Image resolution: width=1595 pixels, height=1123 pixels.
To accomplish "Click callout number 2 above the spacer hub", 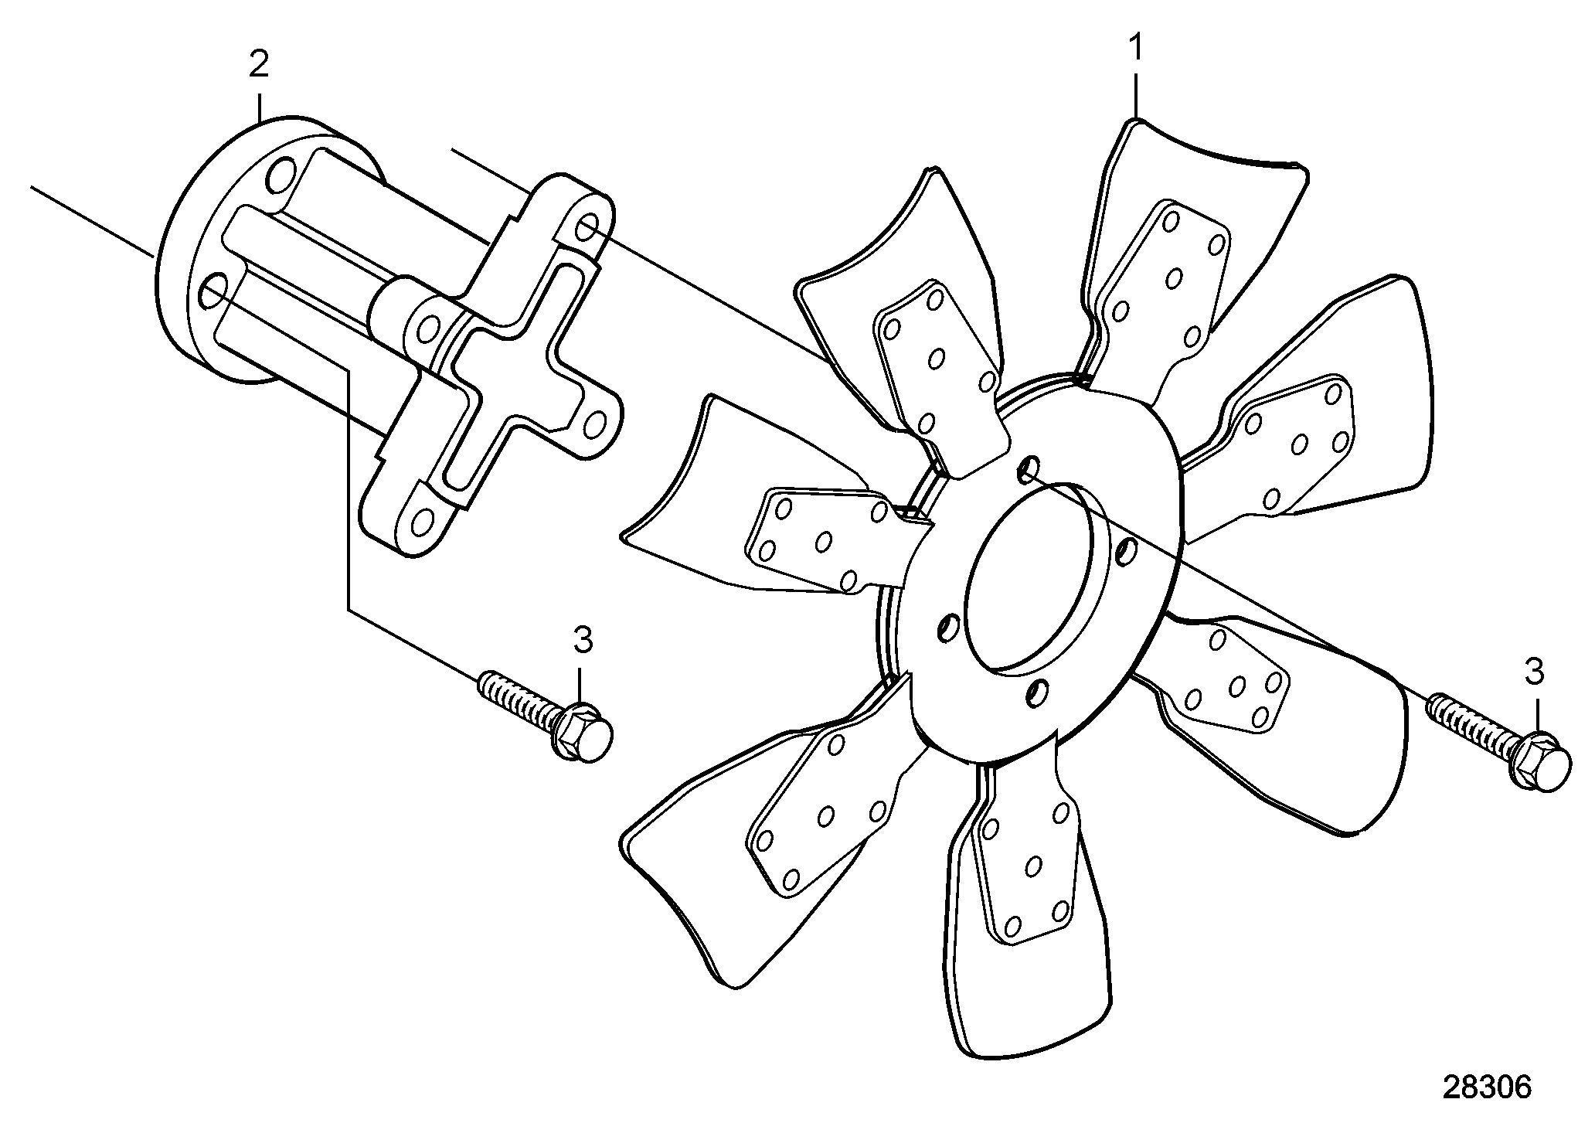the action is (x=259, y=64).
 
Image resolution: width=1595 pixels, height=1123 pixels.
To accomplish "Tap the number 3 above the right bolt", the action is (x=1533, y=672).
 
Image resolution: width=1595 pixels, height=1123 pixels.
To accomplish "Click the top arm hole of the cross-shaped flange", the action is (x=587, y=229).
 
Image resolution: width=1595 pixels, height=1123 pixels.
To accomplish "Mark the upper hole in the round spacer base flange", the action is (x=282, y=175).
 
